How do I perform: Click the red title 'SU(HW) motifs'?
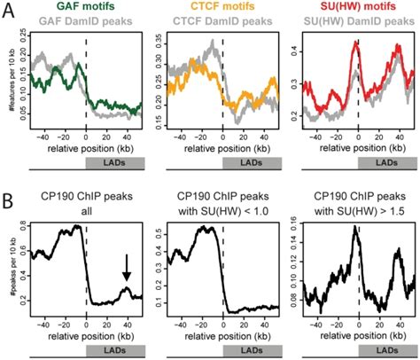coord(357,6)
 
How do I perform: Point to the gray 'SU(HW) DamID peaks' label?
coord(357,20)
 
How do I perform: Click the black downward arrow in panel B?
coord(127,267)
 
